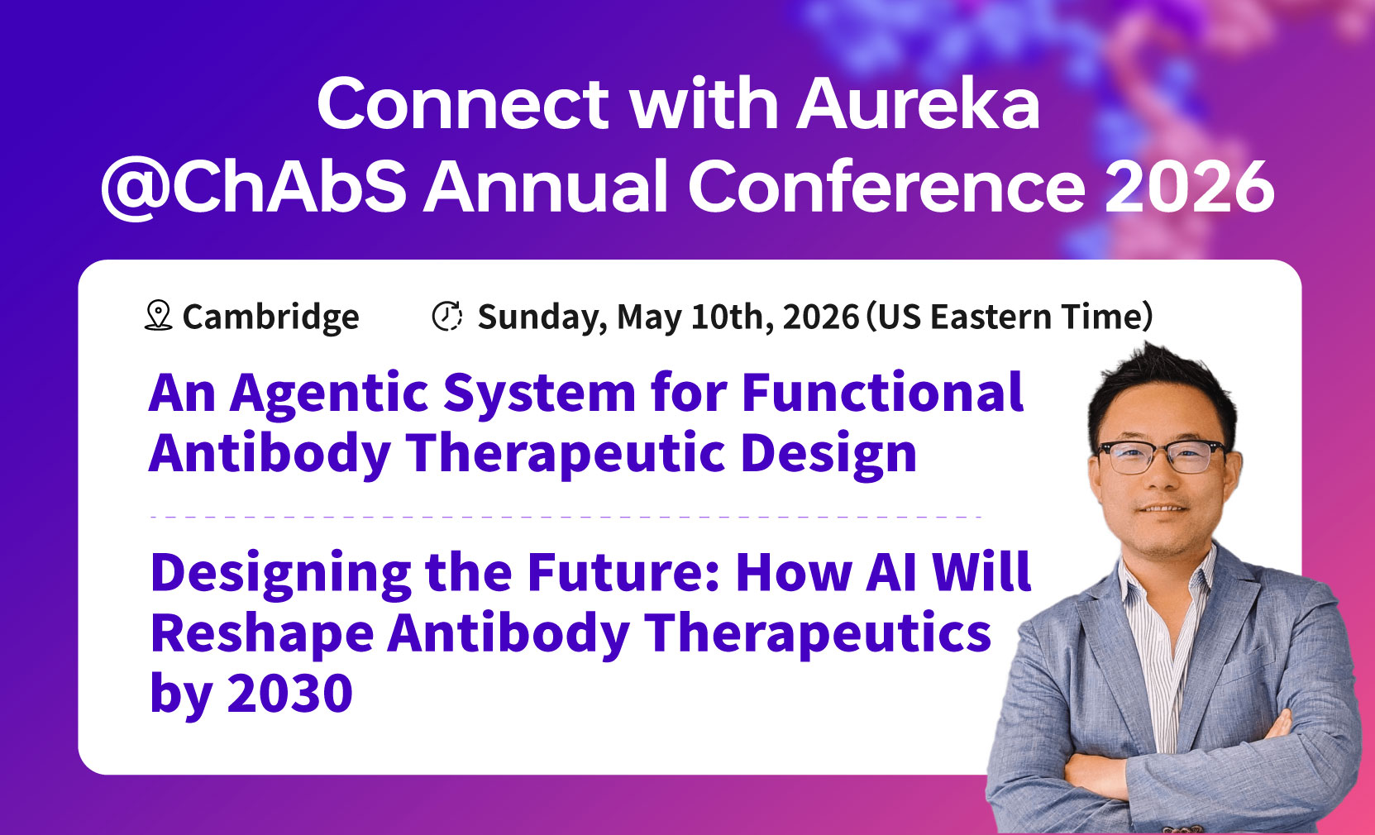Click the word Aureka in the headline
coord(918,103)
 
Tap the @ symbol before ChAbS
coord(135,188)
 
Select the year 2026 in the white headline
coord(1190,186)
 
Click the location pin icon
coord(159,316)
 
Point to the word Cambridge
coord(270,317)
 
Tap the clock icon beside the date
coord(446,316)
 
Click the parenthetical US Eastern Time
coord(1010,317)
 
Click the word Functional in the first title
coord(883,392)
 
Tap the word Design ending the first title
coord(828,455)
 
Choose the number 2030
coord(289,692)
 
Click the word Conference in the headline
coord(887,186)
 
